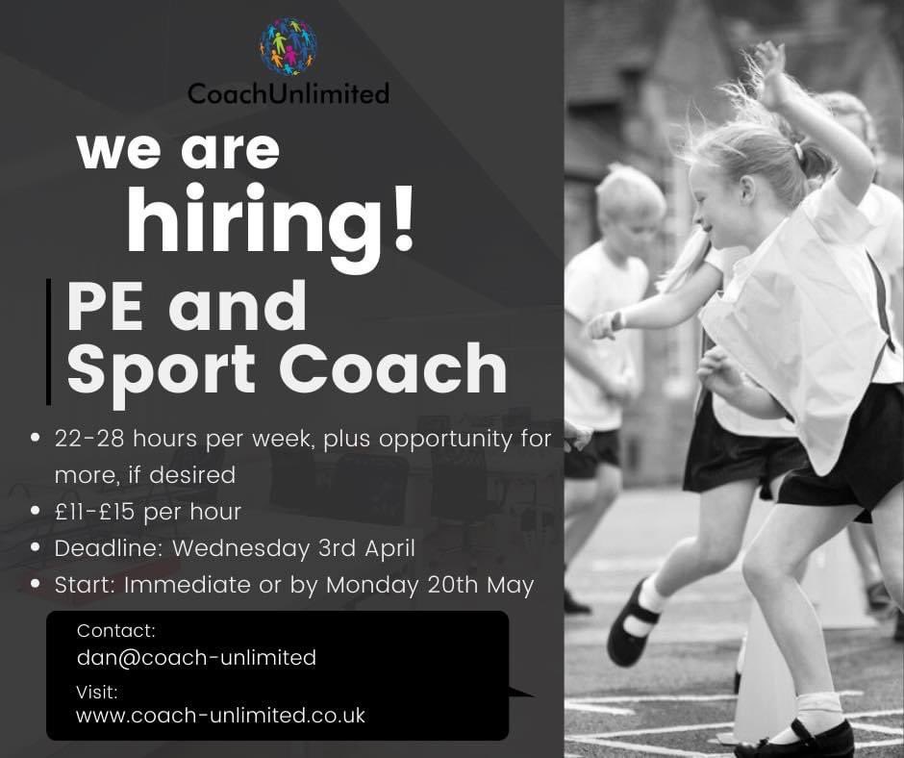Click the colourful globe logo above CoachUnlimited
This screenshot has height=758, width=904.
pos(288,46)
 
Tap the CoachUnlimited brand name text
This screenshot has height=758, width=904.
pos(288,93)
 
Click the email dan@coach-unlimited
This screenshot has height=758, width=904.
pos(196,658)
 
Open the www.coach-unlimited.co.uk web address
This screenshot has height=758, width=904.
pos(220,716)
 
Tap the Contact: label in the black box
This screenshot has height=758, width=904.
pos(115,631)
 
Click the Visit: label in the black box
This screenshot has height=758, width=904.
pos(97,691)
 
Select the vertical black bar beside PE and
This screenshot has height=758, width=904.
pos(48,341)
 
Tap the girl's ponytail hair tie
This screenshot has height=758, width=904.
pos(797,151)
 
